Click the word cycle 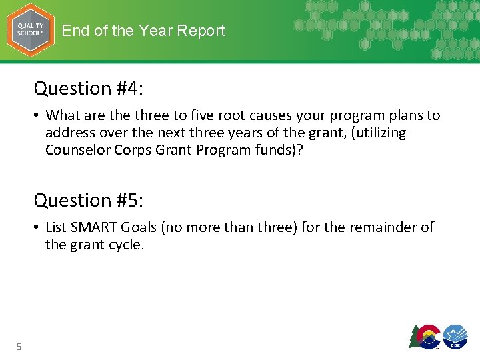(125, 245)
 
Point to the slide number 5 (19, 346)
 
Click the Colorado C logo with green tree (424, 336)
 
